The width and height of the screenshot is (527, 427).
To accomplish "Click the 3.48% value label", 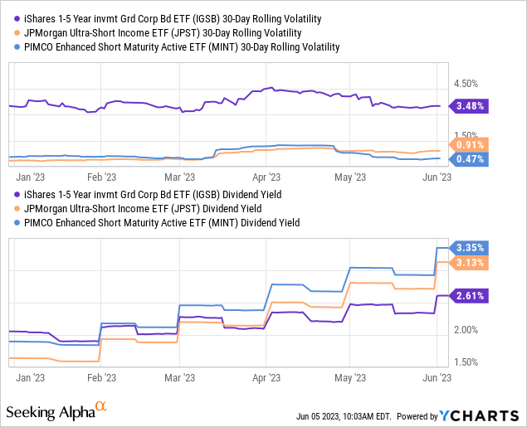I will point(471,106).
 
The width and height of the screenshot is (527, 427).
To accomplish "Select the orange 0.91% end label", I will point(471,143).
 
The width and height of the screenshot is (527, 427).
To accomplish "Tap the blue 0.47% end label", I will point(471,158).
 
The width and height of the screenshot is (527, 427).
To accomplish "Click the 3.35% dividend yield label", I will point(471,248).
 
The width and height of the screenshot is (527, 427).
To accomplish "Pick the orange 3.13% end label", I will point(471,263).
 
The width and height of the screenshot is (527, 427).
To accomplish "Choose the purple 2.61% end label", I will point(471,295).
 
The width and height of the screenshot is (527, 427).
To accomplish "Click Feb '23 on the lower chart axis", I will point(100,376).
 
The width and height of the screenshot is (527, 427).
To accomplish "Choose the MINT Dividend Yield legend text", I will point(158,223).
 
